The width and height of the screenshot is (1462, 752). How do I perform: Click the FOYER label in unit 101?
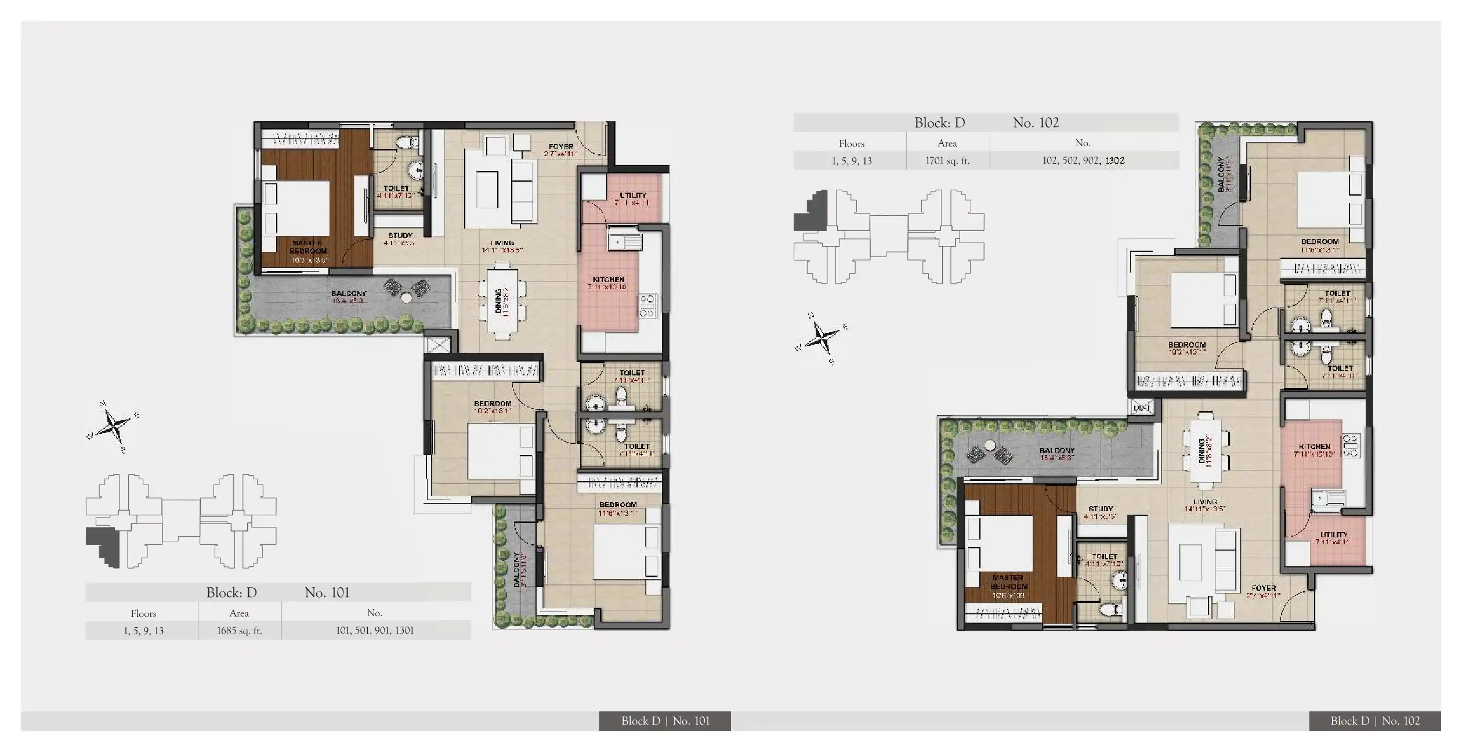(560, 147)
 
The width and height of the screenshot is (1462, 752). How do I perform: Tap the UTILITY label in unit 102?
(1333, 534)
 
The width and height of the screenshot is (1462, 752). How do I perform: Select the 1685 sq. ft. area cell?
(239, 631)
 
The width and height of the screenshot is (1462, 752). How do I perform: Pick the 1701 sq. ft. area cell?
(947, 161)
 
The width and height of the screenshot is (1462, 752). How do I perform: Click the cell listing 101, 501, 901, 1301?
(375, 631)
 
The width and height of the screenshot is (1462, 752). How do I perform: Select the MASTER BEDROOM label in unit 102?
(1008, 582)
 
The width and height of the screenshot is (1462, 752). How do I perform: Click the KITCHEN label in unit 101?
(608, 279)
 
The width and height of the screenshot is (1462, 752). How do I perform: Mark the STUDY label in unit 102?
(1101, 508)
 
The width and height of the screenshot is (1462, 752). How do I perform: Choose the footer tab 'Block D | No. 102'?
(1374, 721)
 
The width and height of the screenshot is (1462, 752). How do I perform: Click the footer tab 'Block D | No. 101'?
(665, 721)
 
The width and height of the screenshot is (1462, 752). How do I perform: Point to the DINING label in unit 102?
(1202, 451)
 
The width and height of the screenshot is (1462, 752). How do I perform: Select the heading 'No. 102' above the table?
(1035, 122)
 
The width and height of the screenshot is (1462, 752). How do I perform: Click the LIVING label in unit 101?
(501, 243)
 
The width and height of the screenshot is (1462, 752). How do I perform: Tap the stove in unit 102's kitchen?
(1351, 445)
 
